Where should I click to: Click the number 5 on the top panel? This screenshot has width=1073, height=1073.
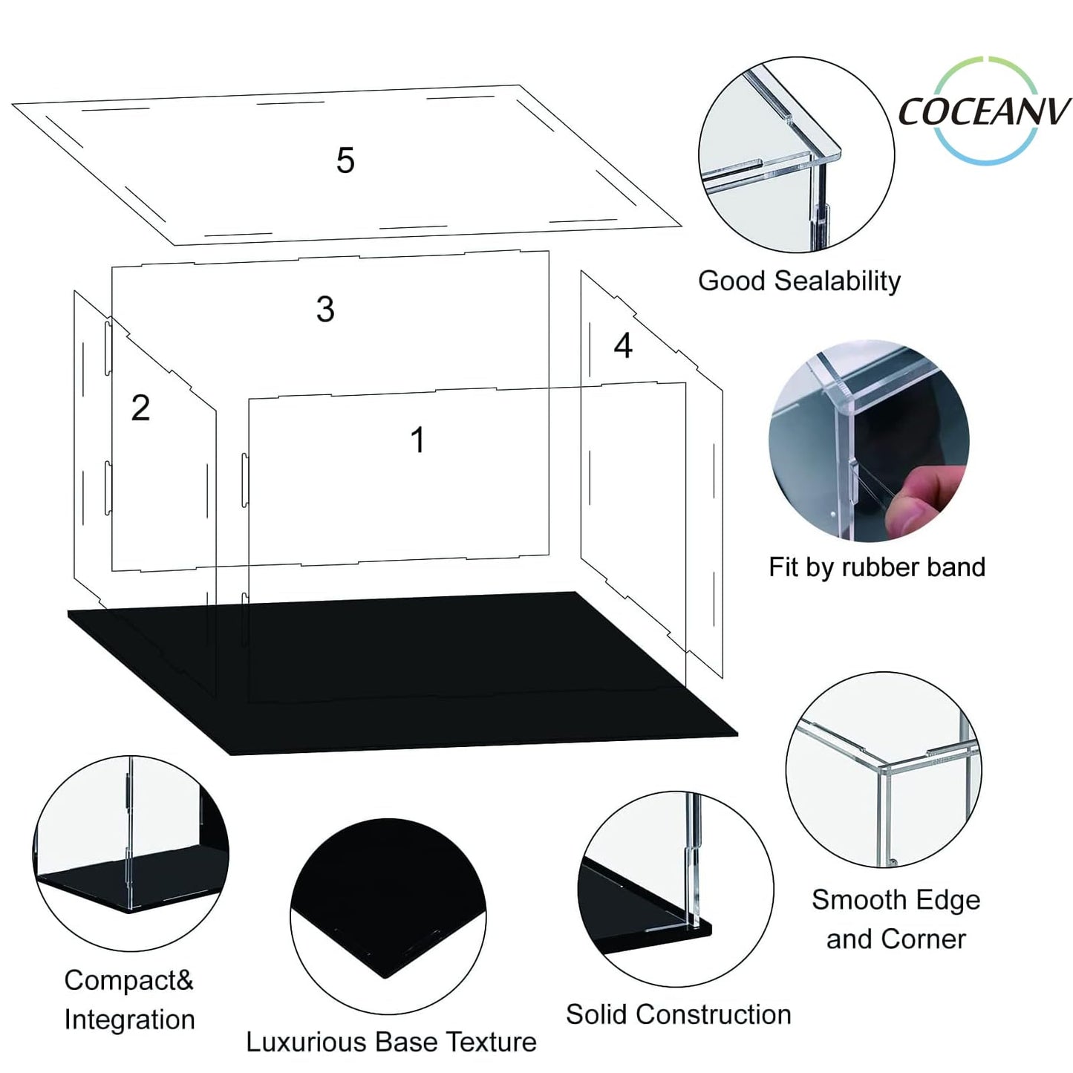[345, 160]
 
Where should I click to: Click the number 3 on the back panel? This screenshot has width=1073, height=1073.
[325, 309]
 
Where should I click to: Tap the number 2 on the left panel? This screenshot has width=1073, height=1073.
[140, 408]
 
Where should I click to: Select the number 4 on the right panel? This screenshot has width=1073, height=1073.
[623, 345]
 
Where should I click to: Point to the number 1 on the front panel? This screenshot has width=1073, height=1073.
[417, 440]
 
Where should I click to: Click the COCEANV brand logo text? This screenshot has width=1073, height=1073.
[984, 112]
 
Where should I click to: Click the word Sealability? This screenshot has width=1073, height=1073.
[837, 281]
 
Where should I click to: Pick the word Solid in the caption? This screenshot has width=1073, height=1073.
[597, 1014]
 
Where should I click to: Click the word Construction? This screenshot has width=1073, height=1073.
[714, 1014]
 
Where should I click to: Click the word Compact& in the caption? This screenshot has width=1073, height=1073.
[128, 980]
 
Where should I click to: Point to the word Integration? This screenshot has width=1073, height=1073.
[129, 1020]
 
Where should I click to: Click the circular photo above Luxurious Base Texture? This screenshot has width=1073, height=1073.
[388, 916]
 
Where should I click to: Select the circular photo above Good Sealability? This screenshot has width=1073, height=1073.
[795, 154]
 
